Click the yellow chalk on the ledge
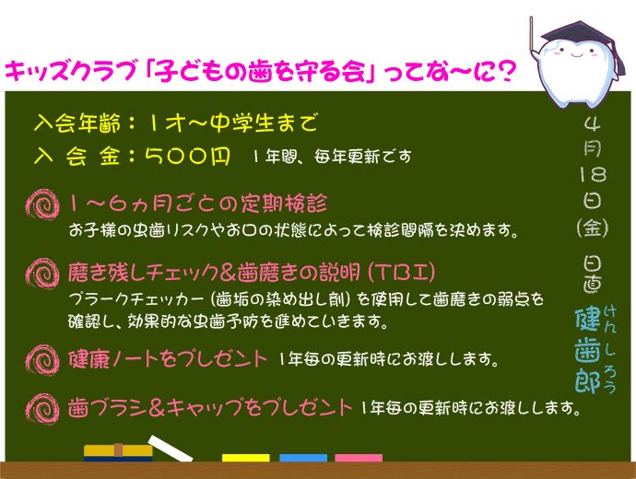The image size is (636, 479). (x=246, y=457)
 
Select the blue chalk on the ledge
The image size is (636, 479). (x=302, y=457)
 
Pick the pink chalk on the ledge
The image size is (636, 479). (x=359, y=457)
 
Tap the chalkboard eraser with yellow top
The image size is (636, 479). (x=118, y=452)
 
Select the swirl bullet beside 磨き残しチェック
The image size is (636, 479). (x=43, y=272)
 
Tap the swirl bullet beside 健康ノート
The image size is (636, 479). (x=43, y=356)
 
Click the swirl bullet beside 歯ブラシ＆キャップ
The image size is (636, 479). (x=43, y=405)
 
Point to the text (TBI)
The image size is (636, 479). (x=397, y=273)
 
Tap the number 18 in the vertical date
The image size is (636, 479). (x=592, y=174)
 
